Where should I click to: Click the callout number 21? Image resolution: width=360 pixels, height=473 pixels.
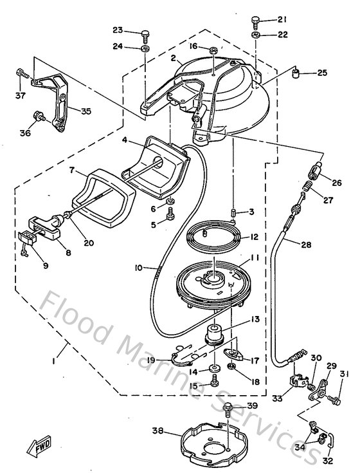(x=282, y=20)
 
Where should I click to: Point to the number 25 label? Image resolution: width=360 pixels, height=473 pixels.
(x=322, y=73)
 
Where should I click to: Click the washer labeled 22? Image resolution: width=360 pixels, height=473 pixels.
(x=256, y=34)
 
